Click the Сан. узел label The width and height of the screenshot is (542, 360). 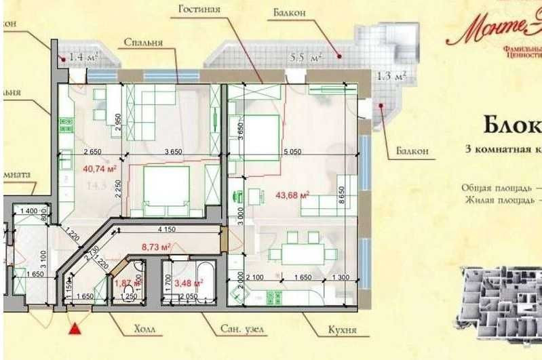(242, 330)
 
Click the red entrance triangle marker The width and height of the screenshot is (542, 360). (76, 329)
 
